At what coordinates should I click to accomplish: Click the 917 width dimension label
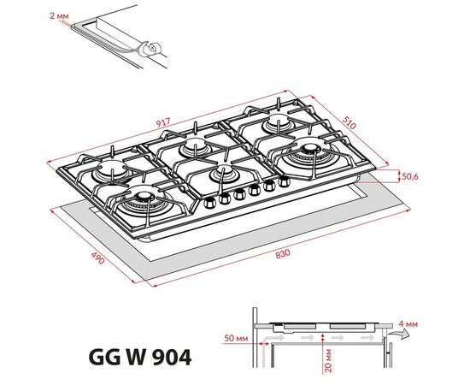163,122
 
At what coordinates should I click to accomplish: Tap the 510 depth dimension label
350,122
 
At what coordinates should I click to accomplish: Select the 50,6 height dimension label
410,176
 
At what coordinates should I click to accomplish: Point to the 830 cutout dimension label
283,254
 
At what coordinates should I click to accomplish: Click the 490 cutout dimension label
98,258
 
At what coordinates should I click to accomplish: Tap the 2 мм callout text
59,15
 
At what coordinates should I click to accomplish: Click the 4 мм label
408,323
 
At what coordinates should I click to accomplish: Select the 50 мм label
236,339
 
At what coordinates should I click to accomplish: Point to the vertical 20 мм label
328,360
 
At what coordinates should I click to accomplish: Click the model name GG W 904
140,357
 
